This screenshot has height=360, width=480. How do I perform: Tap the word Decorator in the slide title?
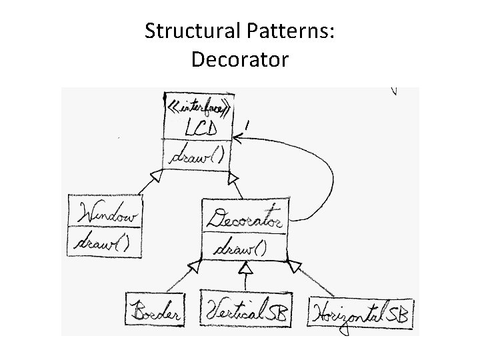[240, 59]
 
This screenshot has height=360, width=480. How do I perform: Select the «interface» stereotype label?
[198, 106]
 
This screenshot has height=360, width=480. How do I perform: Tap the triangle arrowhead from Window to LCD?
[157, 176]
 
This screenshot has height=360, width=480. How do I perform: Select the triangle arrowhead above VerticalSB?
[246, 269]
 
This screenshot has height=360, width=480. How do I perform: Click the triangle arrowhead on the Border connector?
[194, 267]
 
